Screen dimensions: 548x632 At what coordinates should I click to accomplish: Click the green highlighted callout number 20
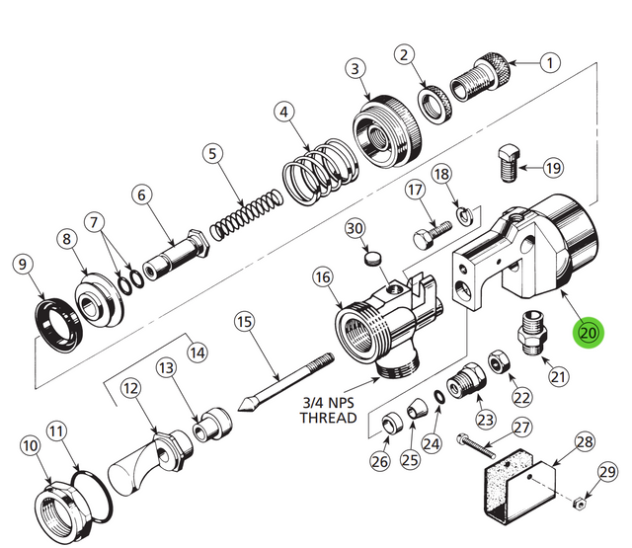[x=589, y=333]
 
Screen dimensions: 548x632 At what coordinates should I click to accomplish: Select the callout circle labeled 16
[x=322, y=278]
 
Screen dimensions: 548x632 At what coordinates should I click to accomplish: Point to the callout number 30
[x=355, y=229]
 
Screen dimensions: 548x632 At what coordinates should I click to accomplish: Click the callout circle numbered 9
[x=22, y=264]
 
